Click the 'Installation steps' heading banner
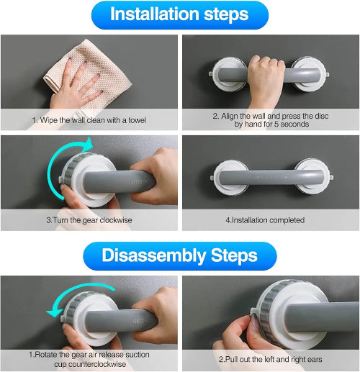[180, 15]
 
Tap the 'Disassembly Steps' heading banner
[180, 256]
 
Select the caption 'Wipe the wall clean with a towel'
[89, 120]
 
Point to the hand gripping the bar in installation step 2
[266, 79]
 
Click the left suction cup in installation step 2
[228, 74]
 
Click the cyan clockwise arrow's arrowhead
[89, 144]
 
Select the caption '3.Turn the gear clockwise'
[89, 220]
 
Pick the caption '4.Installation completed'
[265, 220]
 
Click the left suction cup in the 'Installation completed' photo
[229, 178]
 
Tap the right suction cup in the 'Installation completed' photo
[312, 177]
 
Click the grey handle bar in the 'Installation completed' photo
[271, 178]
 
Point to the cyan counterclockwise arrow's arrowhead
[53, 313]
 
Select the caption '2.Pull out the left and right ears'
[270, 359]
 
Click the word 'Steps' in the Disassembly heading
[234, 255]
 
